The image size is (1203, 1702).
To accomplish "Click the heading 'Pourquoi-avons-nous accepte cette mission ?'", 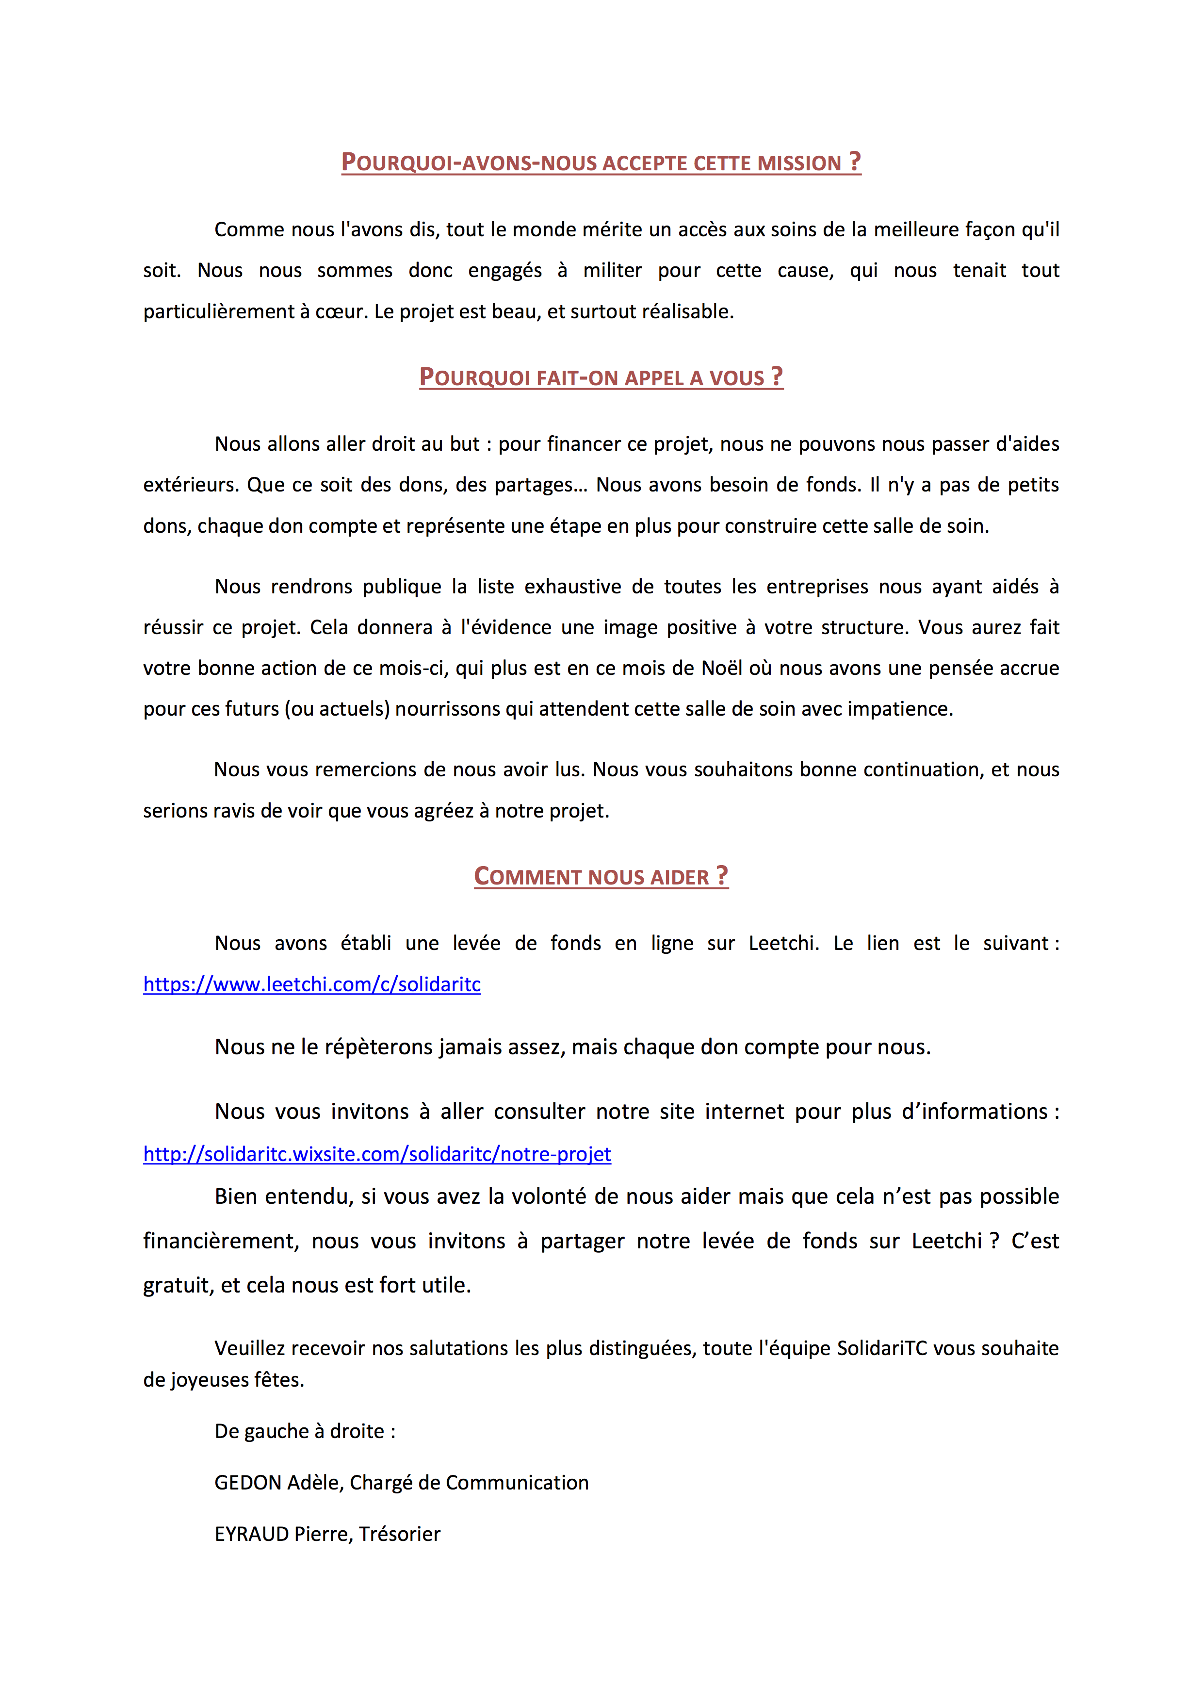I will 601,163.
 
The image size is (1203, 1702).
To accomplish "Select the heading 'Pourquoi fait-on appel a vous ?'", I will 601,377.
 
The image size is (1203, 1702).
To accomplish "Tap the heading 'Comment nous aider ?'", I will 601,876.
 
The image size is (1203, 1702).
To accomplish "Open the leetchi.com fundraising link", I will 311,984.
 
